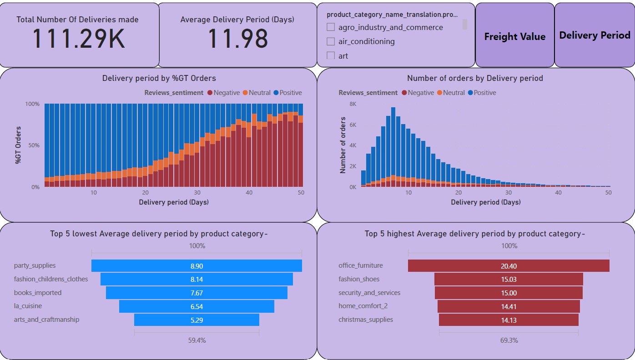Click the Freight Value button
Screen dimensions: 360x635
514,36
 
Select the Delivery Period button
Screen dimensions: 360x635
595,35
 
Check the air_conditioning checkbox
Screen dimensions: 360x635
331,41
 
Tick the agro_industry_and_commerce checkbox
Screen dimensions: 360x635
331,27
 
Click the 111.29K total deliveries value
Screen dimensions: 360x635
78,39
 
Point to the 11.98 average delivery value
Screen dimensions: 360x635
237,39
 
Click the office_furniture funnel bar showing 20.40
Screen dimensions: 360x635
509,266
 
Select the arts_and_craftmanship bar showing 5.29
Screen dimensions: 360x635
197,320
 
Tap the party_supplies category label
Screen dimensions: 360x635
35,265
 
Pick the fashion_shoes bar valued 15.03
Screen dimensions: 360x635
509,279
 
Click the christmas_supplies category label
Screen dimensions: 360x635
366,320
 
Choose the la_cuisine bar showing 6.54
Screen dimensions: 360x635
197,306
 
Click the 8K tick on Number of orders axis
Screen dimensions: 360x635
353,104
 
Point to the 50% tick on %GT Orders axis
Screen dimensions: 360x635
34,145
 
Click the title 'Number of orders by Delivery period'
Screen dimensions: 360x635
475,78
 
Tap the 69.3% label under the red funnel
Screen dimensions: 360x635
509,340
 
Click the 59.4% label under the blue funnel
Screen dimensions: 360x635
197,340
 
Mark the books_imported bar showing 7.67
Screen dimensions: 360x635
197,293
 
